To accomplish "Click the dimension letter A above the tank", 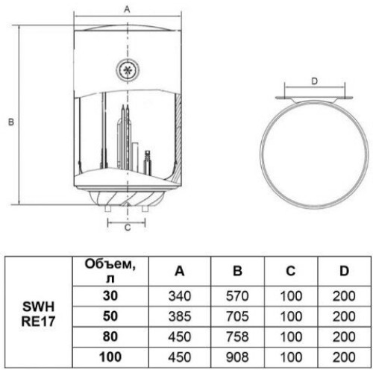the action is click(x=127, y=10).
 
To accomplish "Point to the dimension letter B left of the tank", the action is click(x=11, y=122).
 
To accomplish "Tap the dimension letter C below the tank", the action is click(x=128, y=228).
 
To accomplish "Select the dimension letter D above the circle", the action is click(x=315, y=81).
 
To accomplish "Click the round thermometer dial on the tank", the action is click(x=128, y=70).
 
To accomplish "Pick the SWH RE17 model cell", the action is click(x=38, y=314).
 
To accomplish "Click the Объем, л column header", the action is click(x=110, y=271).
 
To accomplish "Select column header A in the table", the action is click(x=180, y=271).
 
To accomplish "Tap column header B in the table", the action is click(x=237, y=271).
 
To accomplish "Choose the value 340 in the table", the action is click(x=180, y=296).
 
